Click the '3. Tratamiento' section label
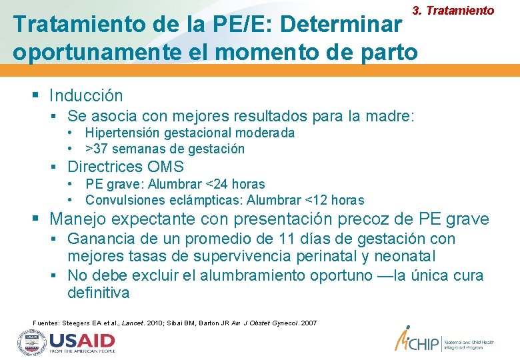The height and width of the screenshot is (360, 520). coord(453,11)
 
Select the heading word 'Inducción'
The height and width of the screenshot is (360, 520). coord(87,96)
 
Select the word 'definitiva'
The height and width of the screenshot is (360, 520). coord(98,293)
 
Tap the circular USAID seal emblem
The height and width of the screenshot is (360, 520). coord(30,343)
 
